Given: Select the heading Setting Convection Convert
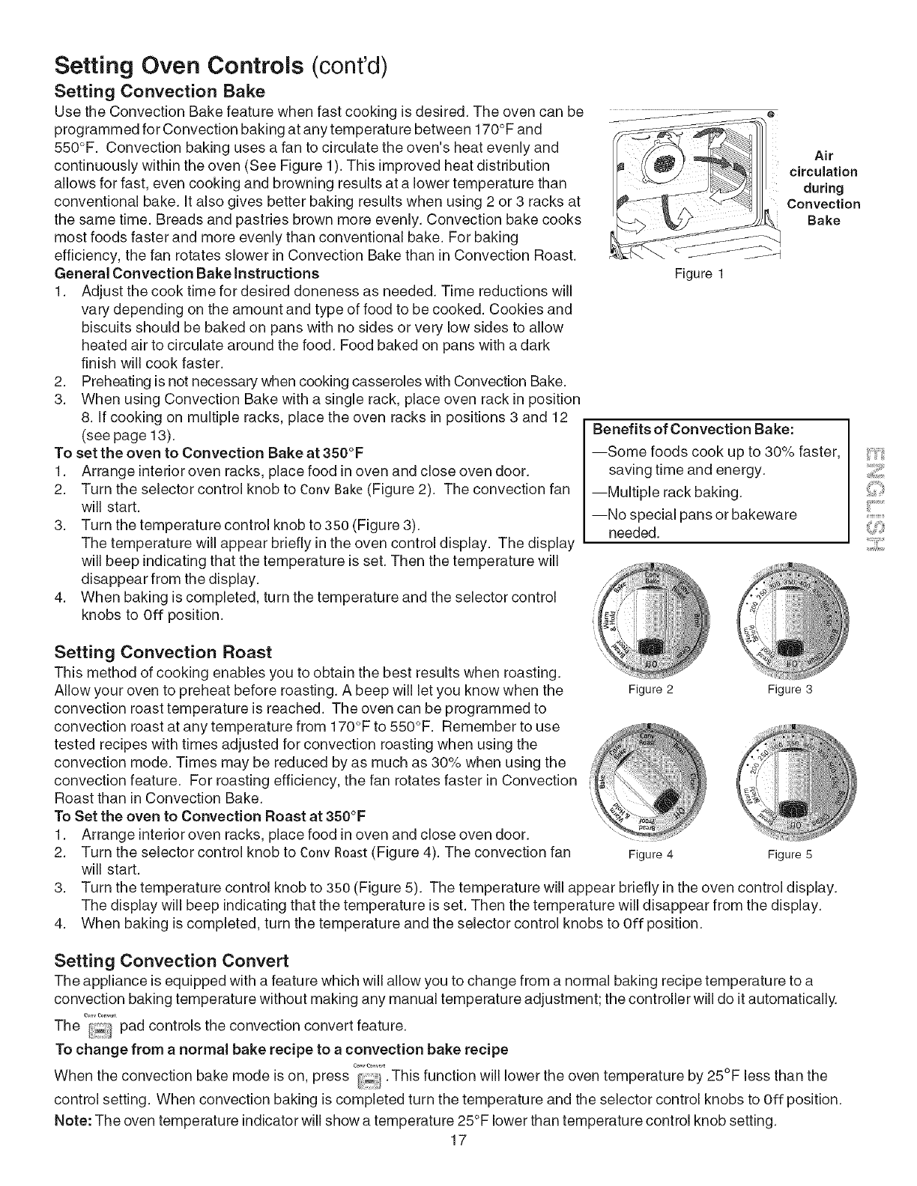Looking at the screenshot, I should [x=172, y=961].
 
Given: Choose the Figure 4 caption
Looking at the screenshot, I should [x=650, y=854].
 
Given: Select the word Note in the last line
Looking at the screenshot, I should [x=73, y=1120].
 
